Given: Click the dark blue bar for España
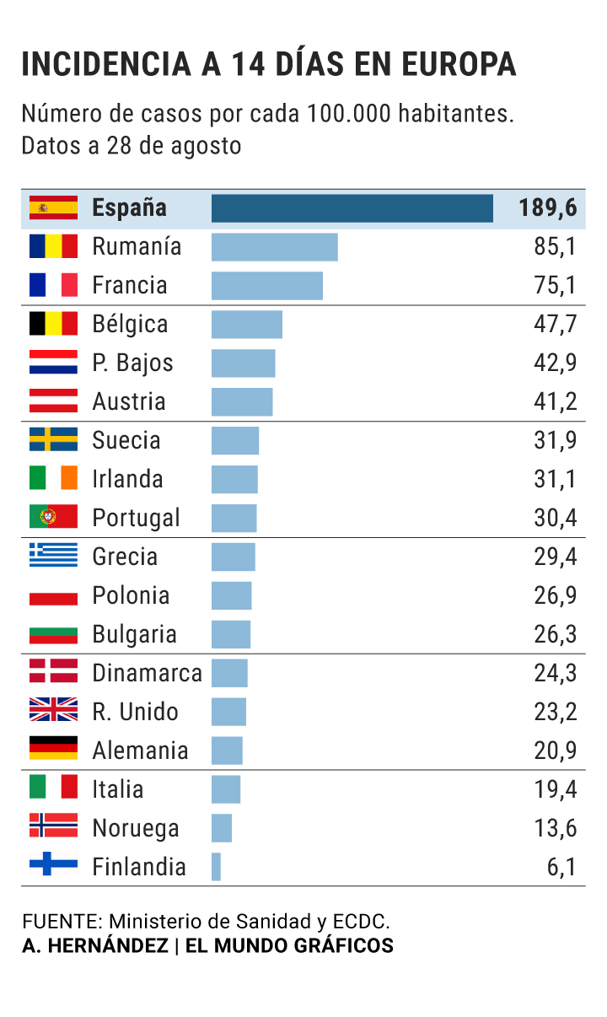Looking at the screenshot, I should click(x=352, y=208).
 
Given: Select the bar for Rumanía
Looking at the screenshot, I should click(x=274, y=247).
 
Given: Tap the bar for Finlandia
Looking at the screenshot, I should click(x=216, y=867).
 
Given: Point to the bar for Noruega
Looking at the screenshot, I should click(x=222, y=828).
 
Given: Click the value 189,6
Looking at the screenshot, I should click(x=548, y=208).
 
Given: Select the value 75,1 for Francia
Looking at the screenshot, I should click(x=556, y=286).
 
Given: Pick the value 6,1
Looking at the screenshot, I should click(x=562, y=867).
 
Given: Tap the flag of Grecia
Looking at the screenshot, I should click(x=53, y=556).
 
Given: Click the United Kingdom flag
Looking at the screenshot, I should click(x=53, y=711).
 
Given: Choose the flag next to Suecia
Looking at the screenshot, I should click(x=53, y=439).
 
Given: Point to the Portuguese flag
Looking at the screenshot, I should click(x=53, y=517).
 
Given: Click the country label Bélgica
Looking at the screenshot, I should click(x=130, y=325).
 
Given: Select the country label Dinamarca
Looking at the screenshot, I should click(x=147, y=673).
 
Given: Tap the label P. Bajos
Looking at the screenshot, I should click(x=132, y=363).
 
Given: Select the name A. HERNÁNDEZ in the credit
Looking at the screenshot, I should click(x=95, y=946).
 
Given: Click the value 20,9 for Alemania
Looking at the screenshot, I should click(x=556, y=751).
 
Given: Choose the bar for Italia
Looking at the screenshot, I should click(x=226, y=789).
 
